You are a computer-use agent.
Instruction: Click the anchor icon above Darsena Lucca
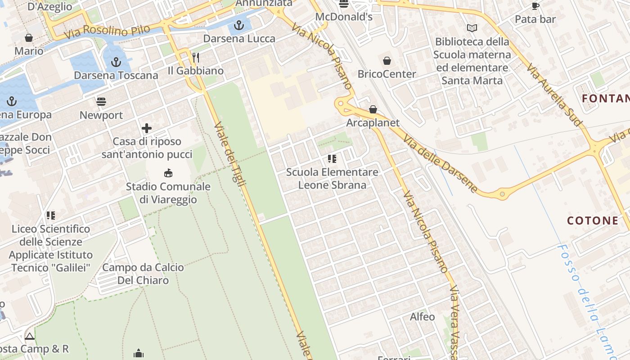239,25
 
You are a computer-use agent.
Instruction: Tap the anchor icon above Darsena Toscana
116,62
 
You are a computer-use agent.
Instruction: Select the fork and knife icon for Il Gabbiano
196,57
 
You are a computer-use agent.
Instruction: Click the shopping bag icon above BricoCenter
387,60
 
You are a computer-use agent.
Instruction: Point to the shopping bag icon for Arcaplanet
373,109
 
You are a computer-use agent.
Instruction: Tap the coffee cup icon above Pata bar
535,6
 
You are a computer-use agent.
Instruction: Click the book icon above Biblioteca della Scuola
472,28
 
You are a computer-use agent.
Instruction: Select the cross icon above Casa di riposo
147,128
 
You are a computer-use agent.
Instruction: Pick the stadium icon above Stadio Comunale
168,173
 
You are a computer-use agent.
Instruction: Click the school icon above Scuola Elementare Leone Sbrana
332,158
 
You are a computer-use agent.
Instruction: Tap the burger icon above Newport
101,102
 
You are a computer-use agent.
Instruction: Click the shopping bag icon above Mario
29,38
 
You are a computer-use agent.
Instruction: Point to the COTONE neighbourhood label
592,220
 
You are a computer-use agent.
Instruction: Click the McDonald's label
344,17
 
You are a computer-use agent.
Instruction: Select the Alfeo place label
422,317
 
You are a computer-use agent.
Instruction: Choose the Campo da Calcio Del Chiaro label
143,274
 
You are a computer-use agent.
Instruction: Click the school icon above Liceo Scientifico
51,216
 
